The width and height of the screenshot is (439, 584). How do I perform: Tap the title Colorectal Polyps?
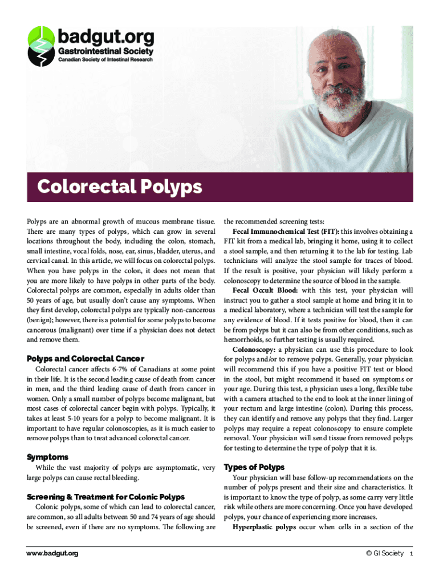(120, 186)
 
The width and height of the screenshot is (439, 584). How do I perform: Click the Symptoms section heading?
(48, 457)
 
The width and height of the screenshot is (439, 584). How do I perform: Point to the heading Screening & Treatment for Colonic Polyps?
(106, 496)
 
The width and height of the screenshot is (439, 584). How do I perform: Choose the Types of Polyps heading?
(254, 467)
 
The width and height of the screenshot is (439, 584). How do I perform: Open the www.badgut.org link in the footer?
(52, 553)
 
